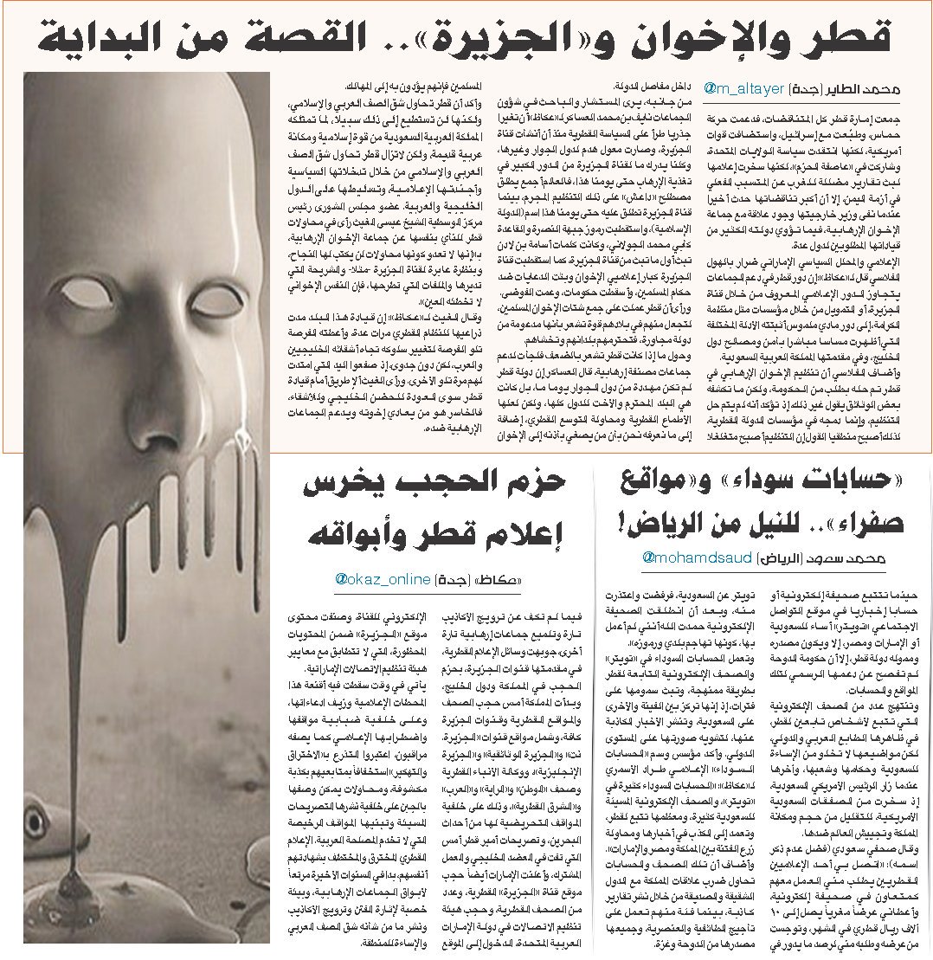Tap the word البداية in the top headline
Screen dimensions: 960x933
pos(93,37)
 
